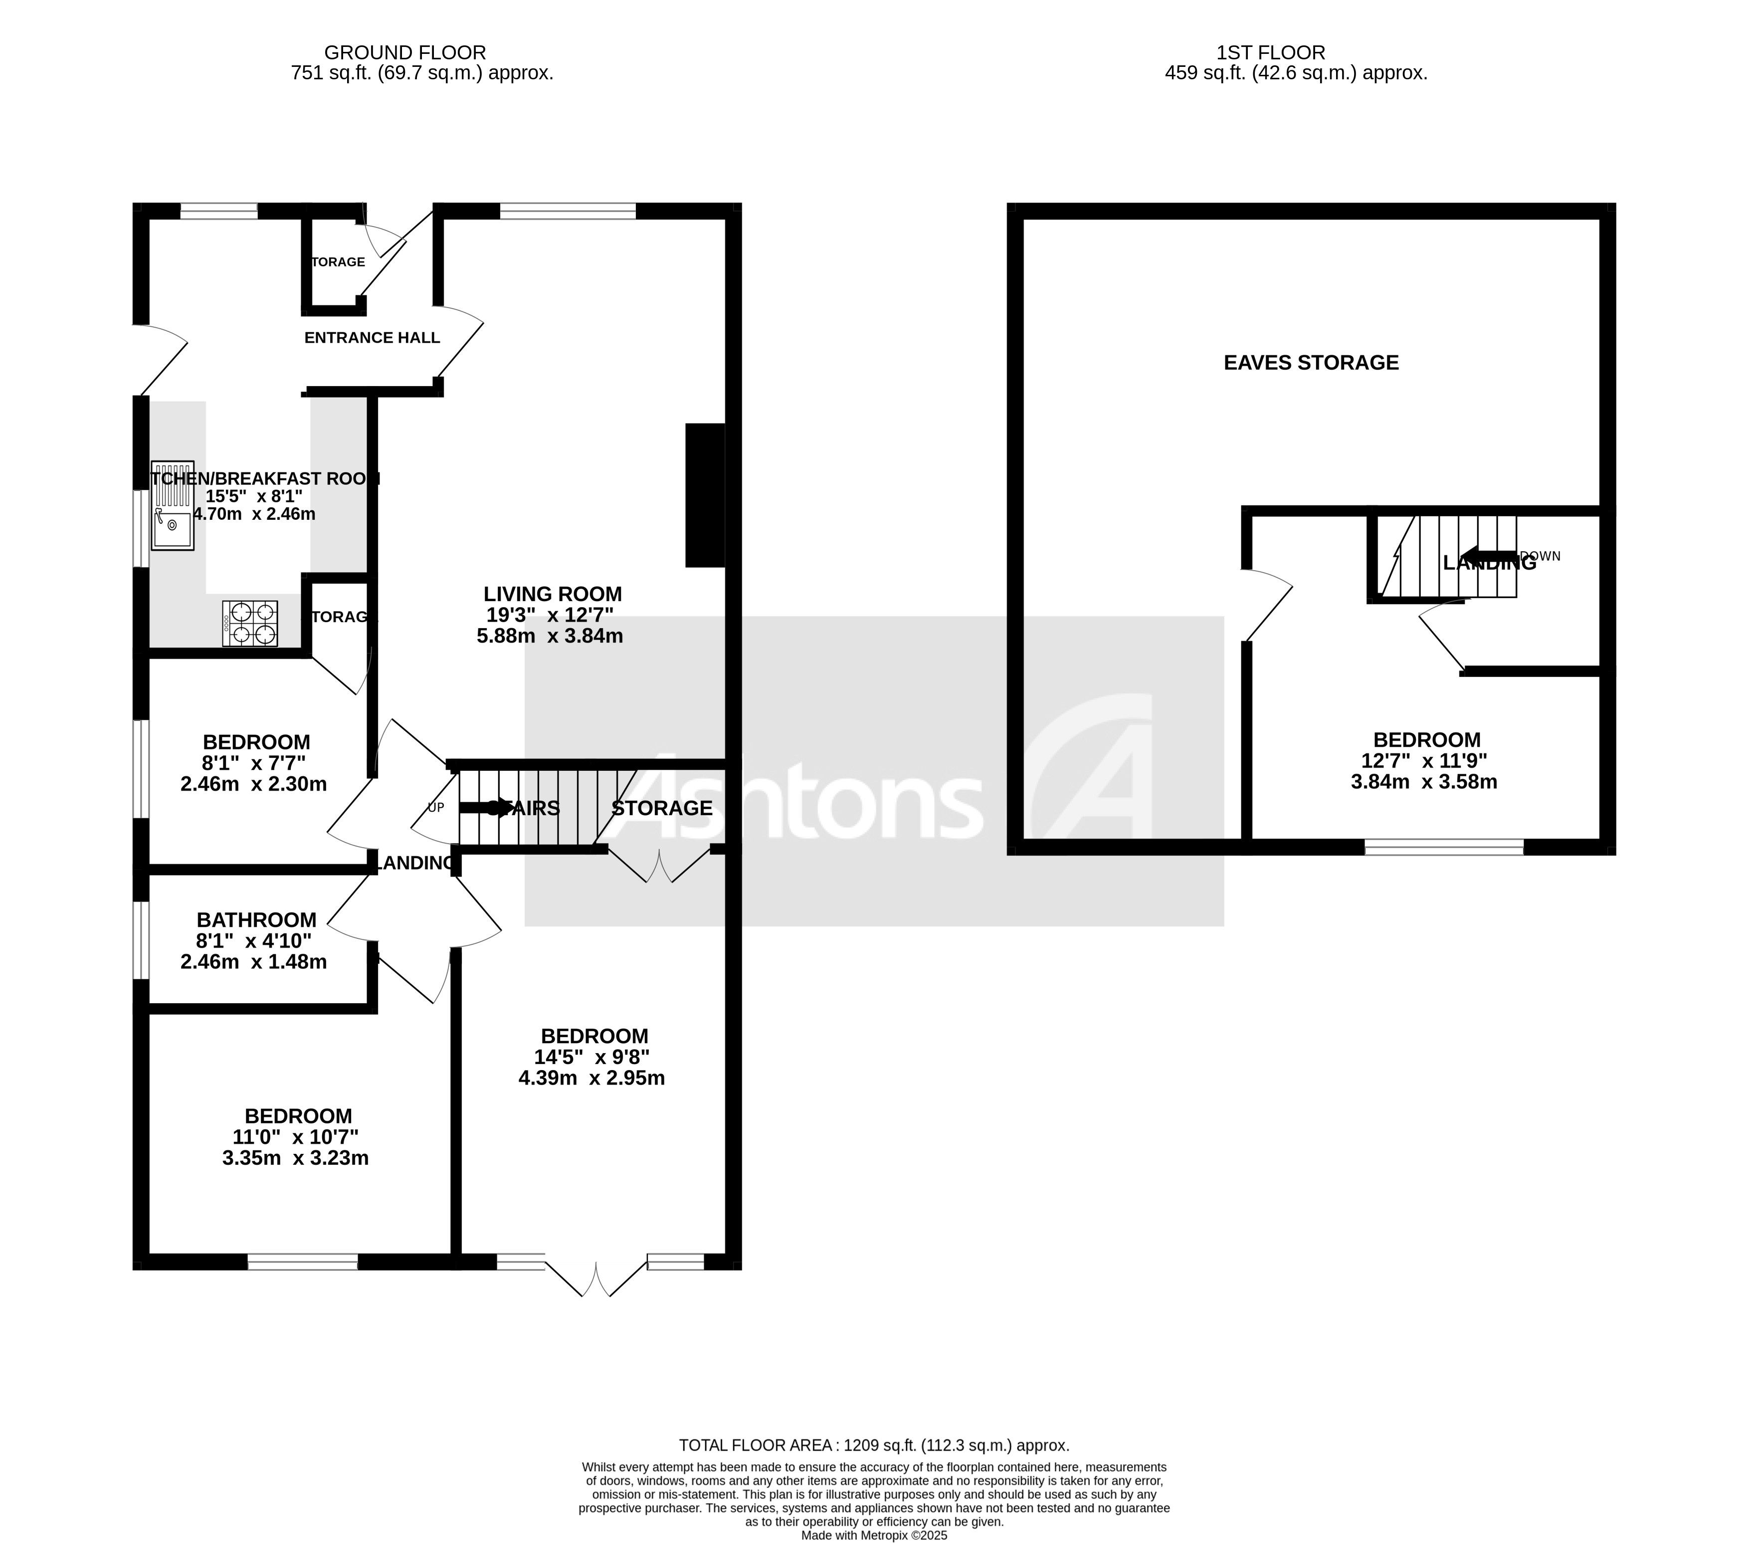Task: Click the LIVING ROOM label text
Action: (552, 594)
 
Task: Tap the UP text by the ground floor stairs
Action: (435, 807)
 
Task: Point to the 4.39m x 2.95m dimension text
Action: (591, 1078)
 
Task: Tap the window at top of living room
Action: (568, 211)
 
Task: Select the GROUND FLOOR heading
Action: (405, 53)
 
